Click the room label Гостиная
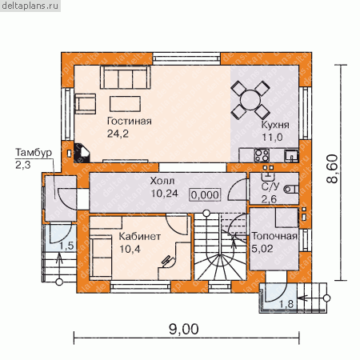(130, 122)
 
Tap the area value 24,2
(118, 134)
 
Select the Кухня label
(275, 125)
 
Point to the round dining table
(250, 100)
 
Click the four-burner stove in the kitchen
(262, 155)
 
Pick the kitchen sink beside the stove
(291, 156)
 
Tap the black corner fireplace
(82, 153)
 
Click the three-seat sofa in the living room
(126, 78)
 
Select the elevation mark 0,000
(205, 195)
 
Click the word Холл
(162, 181)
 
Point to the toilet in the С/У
(291, 189)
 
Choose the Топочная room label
(274, 236)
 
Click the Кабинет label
(140, 237)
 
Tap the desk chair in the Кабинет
(167, 261)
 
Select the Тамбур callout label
(34, 153)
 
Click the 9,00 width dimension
(184, 329)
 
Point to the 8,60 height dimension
(332, 169)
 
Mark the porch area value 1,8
(286, 304)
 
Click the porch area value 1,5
(66, 246)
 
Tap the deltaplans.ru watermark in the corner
(30, 6)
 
